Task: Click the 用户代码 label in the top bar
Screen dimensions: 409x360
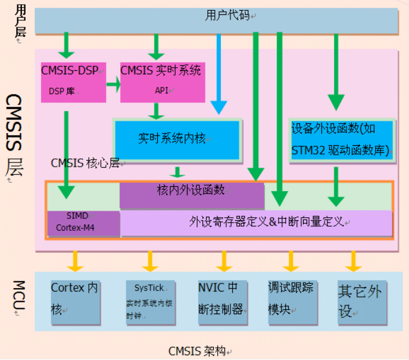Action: pos(227,15)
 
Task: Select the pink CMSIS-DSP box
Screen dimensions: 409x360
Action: pos(74,82)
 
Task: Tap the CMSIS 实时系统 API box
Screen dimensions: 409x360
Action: pos(163,82)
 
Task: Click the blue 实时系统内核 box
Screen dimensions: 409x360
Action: pos(177,140)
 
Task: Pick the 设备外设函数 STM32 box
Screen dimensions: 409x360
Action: pos(342,140)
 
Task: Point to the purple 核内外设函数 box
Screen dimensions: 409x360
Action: pos(192,196)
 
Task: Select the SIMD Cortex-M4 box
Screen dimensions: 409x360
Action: pos(83,223)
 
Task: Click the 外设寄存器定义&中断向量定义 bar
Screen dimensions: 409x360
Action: pos(256,223)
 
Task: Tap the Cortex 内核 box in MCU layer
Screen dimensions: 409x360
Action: pos(76,302)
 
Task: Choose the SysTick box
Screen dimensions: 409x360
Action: pos(151,302)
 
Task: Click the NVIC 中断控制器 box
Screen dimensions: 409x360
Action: pos(223,302)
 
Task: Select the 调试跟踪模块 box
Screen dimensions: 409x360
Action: pos(293,302)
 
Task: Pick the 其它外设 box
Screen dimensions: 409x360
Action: pos(362,302)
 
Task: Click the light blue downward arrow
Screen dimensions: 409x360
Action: pos(218,74)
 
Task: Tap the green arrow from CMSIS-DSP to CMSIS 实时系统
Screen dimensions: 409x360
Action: pos(114,84)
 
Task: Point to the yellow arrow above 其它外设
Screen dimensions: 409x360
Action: pos(353,261)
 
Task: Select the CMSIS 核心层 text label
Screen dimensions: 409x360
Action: pos(85,163)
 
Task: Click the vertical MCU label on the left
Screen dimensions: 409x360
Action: pos(19,295)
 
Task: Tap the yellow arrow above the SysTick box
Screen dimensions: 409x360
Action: pos(149,261)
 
